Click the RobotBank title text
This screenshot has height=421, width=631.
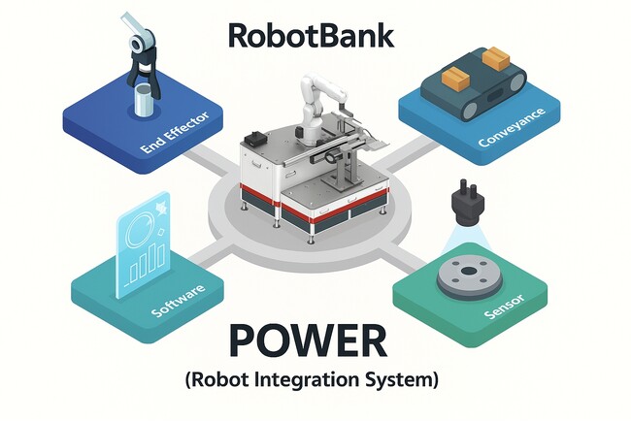coord(311,36)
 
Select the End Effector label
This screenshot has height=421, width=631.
coord(176,132)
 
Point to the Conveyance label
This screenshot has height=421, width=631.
coord(512,127)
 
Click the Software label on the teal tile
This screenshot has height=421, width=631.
coord(178,301)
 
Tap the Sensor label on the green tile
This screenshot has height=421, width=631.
coord(505,307)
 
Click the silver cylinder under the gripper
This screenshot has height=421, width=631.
coord(145,100)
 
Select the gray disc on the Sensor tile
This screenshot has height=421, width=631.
coord(470,277)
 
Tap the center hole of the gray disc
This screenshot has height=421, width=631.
coord(469,271)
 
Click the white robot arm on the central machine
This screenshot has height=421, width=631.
coord(317,105)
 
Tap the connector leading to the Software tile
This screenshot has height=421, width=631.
coord(211,254)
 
